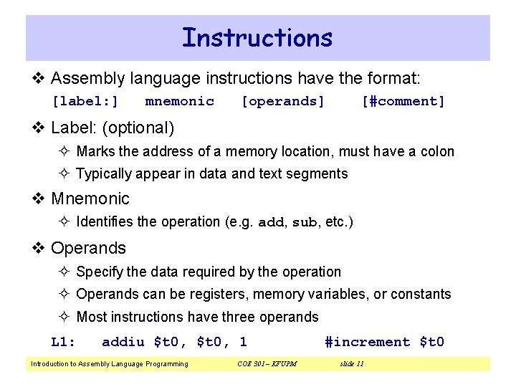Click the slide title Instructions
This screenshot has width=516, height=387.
point(257,37)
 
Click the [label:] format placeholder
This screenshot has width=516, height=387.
point(85,102)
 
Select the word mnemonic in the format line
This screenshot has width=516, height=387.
point(179,102)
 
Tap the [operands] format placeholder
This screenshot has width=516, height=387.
point(283,102)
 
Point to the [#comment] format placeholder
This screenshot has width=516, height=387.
point(403,102)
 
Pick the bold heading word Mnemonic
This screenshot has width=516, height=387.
point(90,199)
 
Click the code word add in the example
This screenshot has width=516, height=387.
point(271,222)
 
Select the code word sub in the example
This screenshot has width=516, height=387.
point(304,222)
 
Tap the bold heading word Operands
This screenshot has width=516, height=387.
point(88,248)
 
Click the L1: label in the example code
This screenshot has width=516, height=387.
point(64,342)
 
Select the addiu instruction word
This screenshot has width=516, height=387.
point(124,342)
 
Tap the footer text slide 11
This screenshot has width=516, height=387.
point(351,364)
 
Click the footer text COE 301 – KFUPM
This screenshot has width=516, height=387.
point(267,364)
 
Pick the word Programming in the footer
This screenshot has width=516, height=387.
point(167,364)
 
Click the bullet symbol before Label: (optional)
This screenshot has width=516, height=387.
point(39,128)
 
